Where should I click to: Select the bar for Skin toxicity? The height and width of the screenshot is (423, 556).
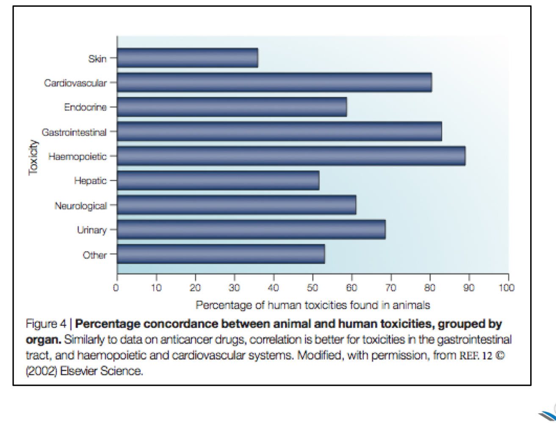pyautogui.click(x=187, y=58)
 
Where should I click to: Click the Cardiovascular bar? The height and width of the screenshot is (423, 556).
pyautogui.click(x=274, y=82)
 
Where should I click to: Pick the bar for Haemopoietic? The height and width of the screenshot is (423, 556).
pyautogui.click(x=291, y=156)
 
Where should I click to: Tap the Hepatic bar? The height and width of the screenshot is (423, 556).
pyautogui.click(x=218, y=181)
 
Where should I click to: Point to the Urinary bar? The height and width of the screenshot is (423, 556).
pyautogui.click(x=251, y=230)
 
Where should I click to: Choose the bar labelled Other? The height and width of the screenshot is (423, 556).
pyautogui.click(x=221, y=254)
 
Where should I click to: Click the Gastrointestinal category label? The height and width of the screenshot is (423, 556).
pyautogui.click(x=74, y=132)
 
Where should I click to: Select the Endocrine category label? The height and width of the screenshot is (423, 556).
pyautogui.click(x=85, y=107)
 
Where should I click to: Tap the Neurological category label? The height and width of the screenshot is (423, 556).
pyautogui.click(x=80, y=206)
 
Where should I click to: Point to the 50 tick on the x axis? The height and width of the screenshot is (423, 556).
pyautogui.click(x=313, y=288)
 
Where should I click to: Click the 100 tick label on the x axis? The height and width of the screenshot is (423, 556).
pyautogui.click(x=506, y=288)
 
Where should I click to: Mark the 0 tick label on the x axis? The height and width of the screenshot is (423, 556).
pyautogui.click(x=116, y=288)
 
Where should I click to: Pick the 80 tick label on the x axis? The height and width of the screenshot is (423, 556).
pyautogui.click(x=430, y=288)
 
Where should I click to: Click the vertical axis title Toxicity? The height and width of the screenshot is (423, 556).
pyautogui.click(x=33, y=157)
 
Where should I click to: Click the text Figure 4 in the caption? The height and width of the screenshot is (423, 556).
pyautogui.click(x=47, y=324)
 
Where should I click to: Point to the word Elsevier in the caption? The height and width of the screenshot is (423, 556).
pyautogui.click(x=79, y=371)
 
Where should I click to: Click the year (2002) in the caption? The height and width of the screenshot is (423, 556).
pyautogui.click(x=41, y=371)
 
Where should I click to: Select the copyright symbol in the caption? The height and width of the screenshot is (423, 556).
pyautogui.click(x=500, y=356)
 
